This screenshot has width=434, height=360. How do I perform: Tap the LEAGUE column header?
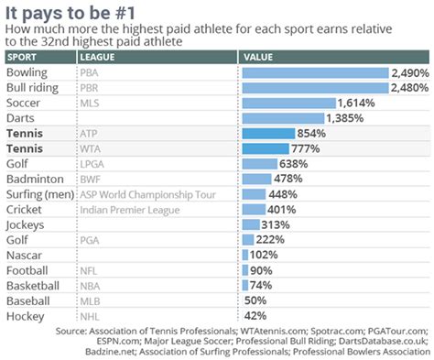pos(98,57)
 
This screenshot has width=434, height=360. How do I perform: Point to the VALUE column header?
pos(260,57)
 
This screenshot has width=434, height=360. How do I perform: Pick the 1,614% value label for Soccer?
pos(355,104)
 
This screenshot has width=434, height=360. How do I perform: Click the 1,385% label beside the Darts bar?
pos(346,118)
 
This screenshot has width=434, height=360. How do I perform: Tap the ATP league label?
pos(88,134)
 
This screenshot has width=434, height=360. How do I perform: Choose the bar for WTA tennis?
pos(266,148)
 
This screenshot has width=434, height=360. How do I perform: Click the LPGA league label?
pos(91,164)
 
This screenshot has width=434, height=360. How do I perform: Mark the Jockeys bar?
pos(251,224)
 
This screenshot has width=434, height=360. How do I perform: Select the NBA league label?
pos(88,285)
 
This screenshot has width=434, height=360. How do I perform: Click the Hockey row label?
pos(25,315)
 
